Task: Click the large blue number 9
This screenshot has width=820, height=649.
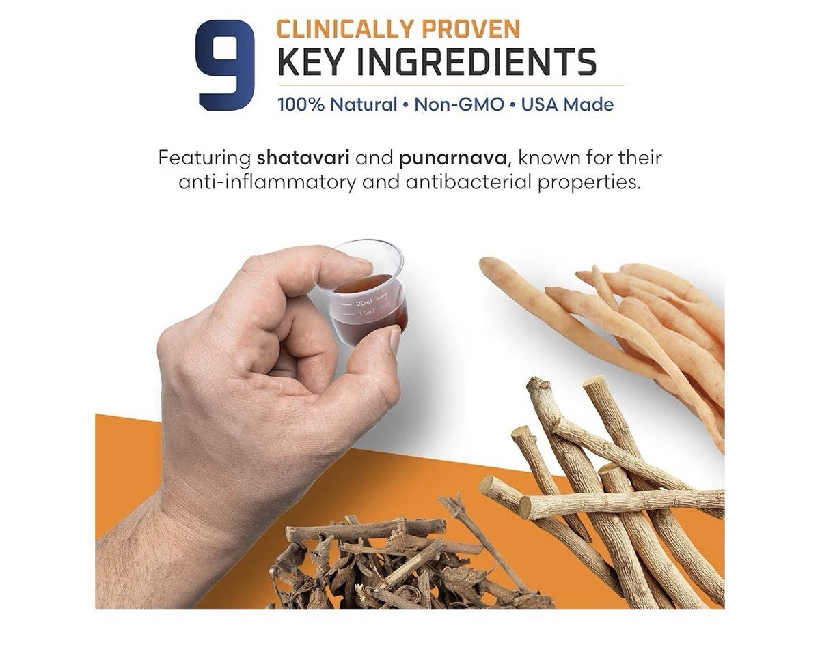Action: [224, 65]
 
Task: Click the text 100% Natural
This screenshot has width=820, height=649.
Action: [338, 104]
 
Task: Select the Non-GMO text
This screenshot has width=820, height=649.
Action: [459, 104]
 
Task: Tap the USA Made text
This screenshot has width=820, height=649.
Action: [567, 104]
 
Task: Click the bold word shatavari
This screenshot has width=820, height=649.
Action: [303, 158]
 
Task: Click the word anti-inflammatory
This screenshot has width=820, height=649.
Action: [267, 182]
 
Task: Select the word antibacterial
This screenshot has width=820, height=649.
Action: [468, 182]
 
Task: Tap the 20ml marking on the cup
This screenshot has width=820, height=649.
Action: [364, 304]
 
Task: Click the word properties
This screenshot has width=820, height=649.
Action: [590, 183]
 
